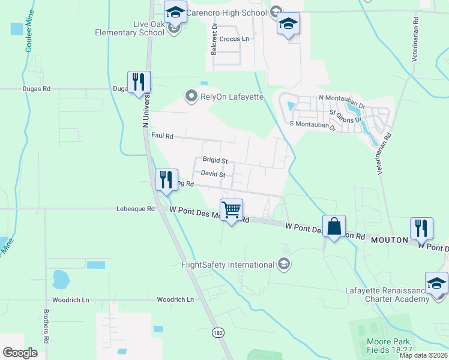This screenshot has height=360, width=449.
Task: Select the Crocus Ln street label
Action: pyautogui.click(x=234, y=39)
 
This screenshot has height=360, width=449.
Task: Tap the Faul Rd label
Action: pyautogui.click(x=162, y=136)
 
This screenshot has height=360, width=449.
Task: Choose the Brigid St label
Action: pyautogui.click(x=215, y=161)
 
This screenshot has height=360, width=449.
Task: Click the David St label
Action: pyautogui.click(x=212, y=174)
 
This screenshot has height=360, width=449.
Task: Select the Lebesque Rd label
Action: pyautogui.click(x=135, y=209)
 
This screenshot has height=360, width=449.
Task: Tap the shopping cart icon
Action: pyautogui.click(x=232, y=209)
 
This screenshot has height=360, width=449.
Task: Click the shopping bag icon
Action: pyautogui.click(x=334, y=226)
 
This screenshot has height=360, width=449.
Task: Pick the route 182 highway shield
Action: pyautogui.click(x=218, y=332)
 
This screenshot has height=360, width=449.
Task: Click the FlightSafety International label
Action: pyautogui.click(x=228, y=265)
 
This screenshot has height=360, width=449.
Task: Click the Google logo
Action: pyautogui.click(x=20, y=353)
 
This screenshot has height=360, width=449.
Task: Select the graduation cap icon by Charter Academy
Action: pyautogui.click(x=436, y=283)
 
